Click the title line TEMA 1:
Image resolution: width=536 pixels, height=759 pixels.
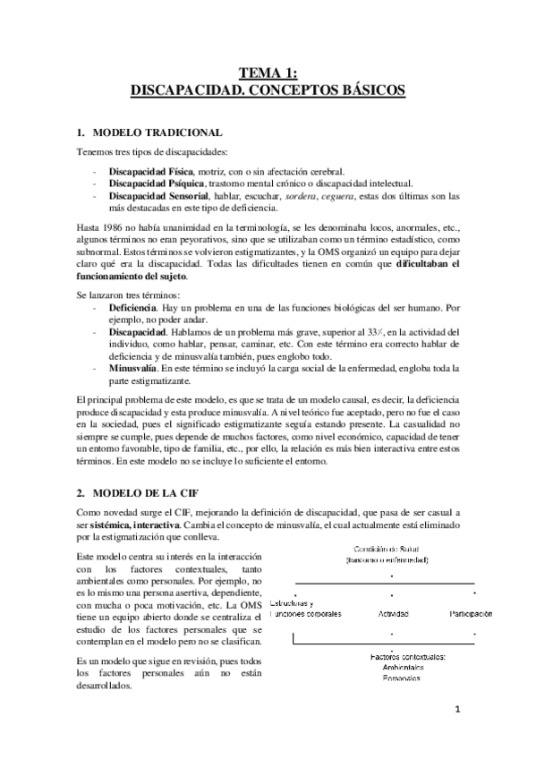268,73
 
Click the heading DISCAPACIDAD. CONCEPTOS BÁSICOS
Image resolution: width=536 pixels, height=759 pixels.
268,90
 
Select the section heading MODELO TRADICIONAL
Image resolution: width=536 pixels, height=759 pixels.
164,132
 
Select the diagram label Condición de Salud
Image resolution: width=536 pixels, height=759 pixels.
387,549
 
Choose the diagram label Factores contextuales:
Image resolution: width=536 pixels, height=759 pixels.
409,658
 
